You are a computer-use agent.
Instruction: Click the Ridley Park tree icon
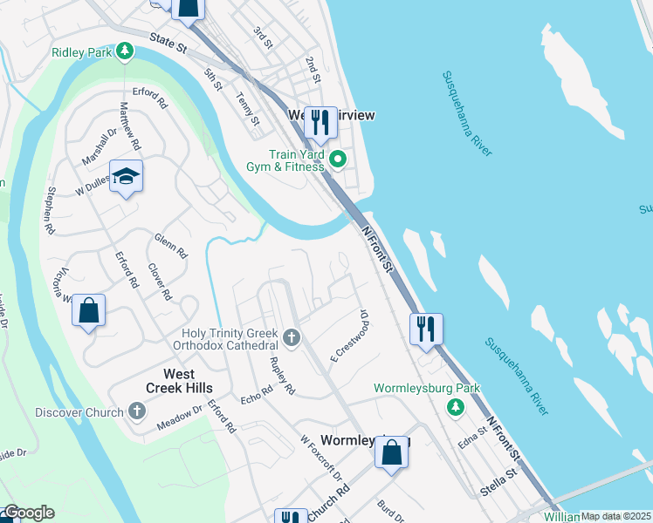(125, 52)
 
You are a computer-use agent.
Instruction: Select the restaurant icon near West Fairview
(320, 123)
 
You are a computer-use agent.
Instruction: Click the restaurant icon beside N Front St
(425, 329)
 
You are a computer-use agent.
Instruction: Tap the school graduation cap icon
(126, 176)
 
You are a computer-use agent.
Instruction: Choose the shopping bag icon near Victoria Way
(88, 310)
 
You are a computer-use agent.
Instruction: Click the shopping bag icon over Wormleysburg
(392, 452)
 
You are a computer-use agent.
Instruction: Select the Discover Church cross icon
(135, 410)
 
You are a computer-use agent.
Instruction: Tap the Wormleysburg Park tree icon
(454, 406)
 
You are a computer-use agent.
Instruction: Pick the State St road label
(168, 40)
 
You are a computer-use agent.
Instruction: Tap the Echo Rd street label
(257, 395)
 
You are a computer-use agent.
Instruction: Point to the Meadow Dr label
(180, 418)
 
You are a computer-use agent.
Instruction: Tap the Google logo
(29, 513)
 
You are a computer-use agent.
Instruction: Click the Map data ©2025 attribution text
(615, 516)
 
